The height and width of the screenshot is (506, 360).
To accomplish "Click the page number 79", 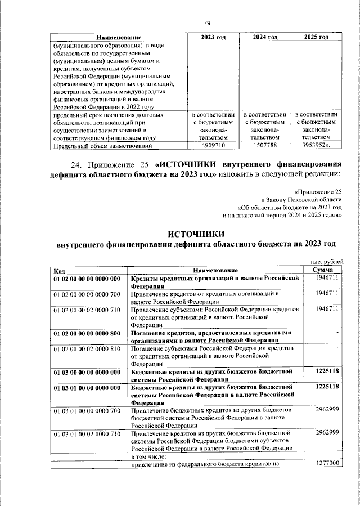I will pos(206,23).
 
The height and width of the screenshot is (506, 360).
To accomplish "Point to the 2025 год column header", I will pos(316,37).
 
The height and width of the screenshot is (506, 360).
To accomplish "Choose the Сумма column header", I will pos(326,271).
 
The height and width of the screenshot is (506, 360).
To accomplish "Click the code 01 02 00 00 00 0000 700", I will pos(87,294).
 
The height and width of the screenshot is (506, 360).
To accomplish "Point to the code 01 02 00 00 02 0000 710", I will pos(87,310).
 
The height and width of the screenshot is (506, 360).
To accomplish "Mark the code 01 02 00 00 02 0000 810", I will pos(87,350).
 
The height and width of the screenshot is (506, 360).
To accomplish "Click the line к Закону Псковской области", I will pos(301,200).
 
